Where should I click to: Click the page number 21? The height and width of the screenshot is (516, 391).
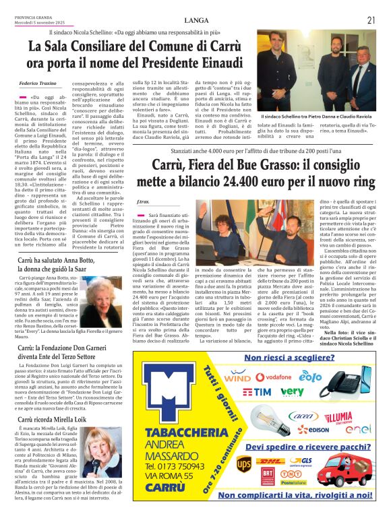(x=371, y=20)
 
